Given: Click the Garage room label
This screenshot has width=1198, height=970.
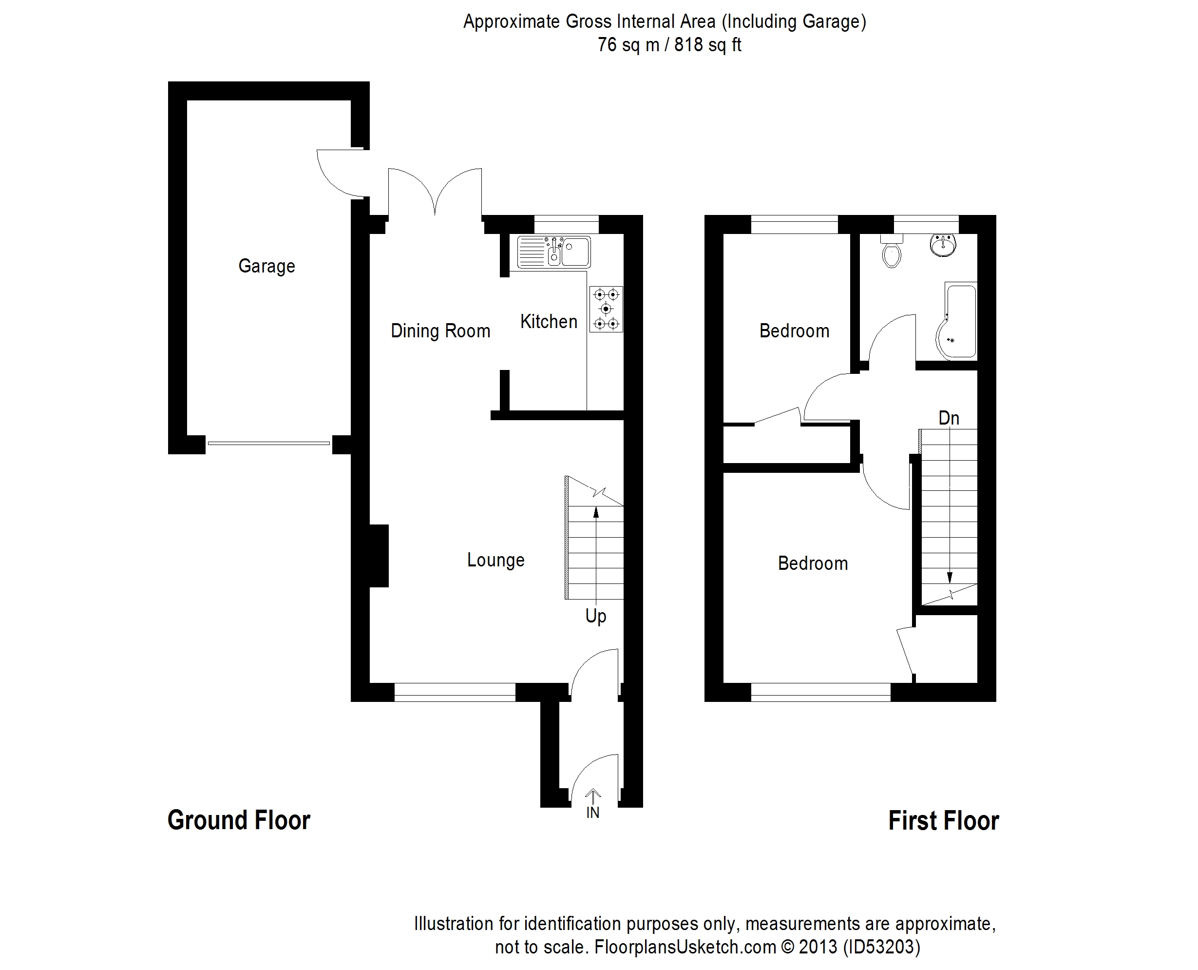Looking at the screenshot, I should point(266,266).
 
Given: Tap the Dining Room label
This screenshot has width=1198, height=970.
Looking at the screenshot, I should point(440,331).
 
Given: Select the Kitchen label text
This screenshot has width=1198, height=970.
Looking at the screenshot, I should point(549,321).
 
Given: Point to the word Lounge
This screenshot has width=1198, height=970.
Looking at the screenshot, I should point(495,560).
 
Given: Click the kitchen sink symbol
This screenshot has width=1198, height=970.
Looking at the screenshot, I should point(553,252).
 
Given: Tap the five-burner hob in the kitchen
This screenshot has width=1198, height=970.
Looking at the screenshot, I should point(606,309).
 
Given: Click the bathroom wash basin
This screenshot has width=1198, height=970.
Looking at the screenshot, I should point(943,245).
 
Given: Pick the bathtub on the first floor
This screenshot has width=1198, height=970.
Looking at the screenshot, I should point(958,321).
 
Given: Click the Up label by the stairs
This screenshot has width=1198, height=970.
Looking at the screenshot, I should point(595,616).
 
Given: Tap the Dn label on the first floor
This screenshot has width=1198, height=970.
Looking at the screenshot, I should point(949,418).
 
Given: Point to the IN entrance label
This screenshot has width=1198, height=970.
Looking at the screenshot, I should point(592,813).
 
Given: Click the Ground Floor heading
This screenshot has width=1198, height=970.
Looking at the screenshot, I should point(239,820).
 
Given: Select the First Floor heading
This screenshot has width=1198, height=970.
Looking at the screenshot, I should point(943,821).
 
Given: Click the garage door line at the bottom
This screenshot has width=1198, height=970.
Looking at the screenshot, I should point(268,444).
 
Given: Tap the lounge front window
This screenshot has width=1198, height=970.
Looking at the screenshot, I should point(455,693).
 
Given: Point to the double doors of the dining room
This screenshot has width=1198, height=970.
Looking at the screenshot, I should point(435,193).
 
